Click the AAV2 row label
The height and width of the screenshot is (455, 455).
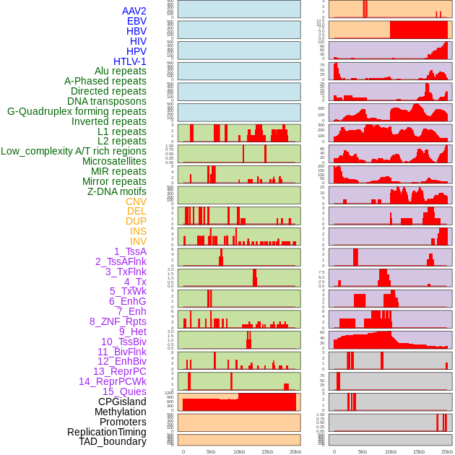coord(134,11)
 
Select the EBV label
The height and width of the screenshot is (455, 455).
coord(136,21)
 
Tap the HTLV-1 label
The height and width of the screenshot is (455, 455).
coord(130,61)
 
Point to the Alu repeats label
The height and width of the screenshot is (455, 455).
coord(121,71)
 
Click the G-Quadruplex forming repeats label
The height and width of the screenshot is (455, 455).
coord(77,111)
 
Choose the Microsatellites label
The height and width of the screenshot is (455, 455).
coord(114,161)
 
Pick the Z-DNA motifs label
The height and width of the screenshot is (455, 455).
coord(117,191)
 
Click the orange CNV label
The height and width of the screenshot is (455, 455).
coord(136,201)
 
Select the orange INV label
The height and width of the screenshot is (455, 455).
coord(138,241)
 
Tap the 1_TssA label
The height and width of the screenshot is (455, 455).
coord(130,251)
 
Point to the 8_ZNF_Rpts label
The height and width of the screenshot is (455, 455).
coord(118,321)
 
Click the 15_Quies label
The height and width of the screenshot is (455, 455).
coord(124,391)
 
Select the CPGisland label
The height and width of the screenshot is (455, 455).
coord(122,402)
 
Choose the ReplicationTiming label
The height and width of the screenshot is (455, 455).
coord(107,432)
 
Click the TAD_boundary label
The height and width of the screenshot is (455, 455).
coord(113,441)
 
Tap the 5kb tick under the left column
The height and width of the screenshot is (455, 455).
coord(211,451)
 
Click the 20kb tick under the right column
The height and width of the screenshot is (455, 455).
coord(447,451)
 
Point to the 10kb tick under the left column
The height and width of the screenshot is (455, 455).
coord(238,451)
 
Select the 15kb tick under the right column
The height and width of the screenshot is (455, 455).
coord(418,451)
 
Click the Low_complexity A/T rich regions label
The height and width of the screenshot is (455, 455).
coord(74,151)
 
